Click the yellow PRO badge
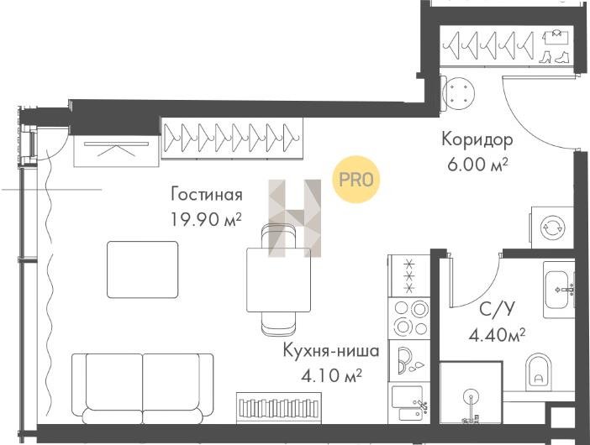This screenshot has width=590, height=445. [x=356, y=180]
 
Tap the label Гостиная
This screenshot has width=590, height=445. [x=207, y=195]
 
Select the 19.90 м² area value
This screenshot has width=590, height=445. [x=206, y=219]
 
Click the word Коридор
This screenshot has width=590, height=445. [x=477, y=140]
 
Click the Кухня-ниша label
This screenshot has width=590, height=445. [x=331, y=351]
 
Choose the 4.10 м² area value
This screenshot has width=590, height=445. [x=331, y=374]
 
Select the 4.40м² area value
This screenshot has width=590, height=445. [x=497, y=334]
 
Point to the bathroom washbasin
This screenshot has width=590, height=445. [x=559, y=290]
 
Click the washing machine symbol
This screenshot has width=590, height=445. [x=552, y=228]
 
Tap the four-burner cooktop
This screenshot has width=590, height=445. [x=409, y=319]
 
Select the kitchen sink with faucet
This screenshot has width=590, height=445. [x=409, y=404]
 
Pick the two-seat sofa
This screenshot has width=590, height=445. [x=143, y=388]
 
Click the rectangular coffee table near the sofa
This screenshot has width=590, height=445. [x=143, y=270]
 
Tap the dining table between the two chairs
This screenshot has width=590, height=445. [x=278, y=280]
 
